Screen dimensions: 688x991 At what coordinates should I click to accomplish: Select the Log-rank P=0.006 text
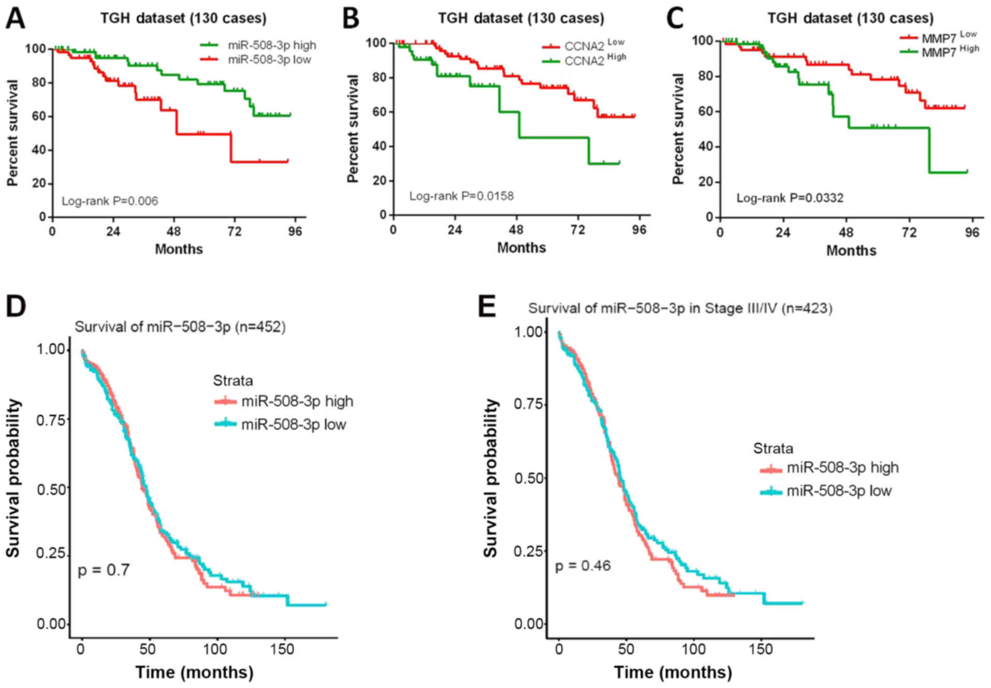tap(110, 201)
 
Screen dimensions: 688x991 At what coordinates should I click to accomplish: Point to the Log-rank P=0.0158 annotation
tap(461, 196)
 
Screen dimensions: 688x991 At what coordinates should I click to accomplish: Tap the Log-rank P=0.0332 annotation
tap(789, 198)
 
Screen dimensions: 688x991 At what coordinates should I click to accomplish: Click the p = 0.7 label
tap(104, 570)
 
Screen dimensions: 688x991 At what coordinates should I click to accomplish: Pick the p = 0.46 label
tap(583, 565)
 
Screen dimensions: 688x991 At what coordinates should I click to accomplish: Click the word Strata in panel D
tap(233, 380)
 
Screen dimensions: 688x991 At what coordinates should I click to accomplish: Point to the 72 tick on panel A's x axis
tap(234, 231)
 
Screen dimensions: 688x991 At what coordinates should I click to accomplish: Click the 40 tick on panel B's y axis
tap(379, 146)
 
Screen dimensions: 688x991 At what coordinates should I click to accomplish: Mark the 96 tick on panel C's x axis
tap(972, 232)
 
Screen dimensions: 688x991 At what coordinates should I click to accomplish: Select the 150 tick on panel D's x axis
tap(282, 649)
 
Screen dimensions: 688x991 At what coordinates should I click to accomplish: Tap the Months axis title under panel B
tap(521, 247)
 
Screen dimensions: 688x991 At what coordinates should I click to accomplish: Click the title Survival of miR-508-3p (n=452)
tap(180, 327)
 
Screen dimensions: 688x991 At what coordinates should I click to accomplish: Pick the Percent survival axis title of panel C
tap(678, 128)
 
